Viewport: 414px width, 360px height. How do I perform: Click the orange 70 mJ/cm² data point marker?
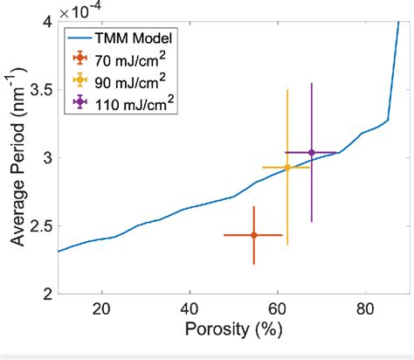coord(253,235)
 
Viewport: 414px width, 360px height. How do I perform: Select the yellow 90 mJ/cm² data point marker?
coord(287,167)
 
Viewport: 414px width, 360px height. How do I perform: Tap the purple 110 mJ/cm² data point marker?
coord(312,153)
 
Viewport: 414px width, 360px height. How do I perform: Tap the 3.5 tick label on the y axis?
coord(41,90)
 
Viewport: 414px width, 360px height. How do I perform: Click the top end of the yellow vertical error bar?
coord(287,90)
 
